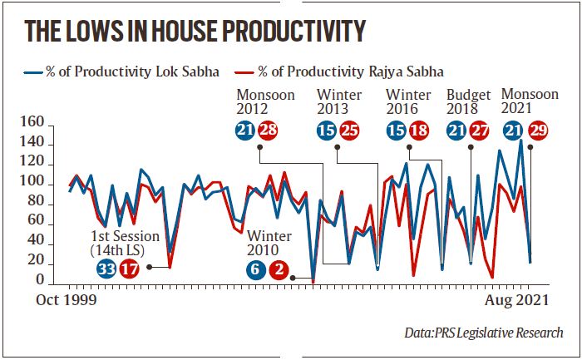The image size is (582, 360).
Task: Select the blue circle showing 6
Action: tap(257, 269)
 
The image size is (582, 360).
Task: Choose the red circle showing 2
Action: tap(280, 269)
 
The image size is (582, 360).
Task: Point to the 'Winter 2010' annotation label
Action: tap(269, 242)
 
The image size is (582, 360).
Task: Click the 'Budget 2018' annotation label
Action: tap(469, 101)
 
